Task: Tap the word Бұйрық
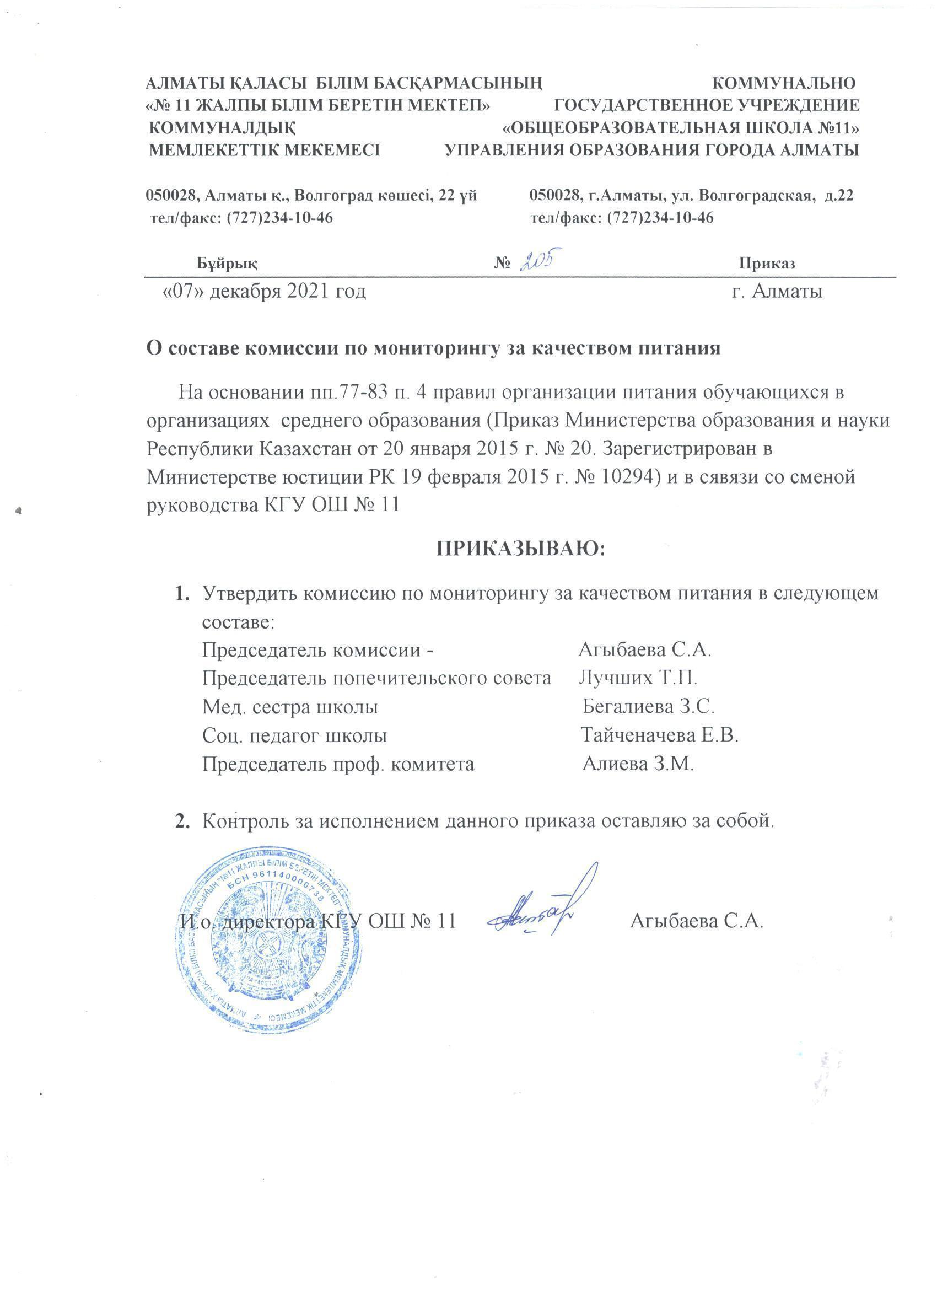[227, 263]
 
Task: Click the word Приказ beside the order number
[767, 263]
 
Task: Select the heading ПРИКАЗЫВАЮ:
[520, 549]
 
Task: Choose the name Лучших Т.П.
[638, 678]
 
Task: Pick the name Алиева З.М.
[638, 763]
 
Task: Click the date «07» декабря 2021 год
[264, 292]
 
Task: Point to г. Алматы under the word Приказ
[777, 292]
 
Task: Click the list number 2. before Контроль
[182, 821]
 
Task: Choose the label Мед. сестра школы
[290, 706]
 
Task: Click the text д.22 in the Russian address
[838, 196]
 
